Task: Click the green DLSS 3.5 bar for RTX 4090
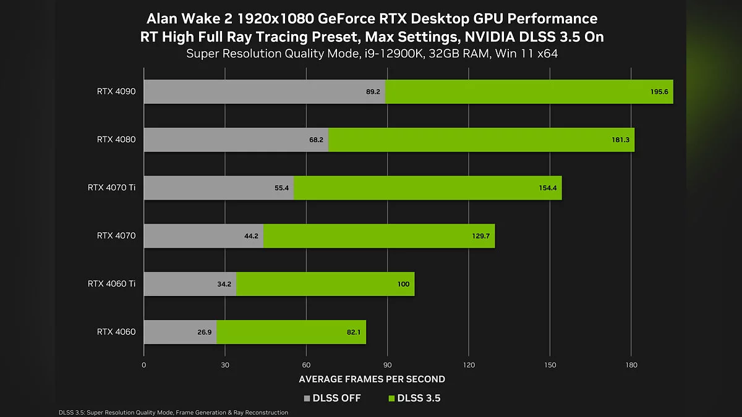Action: [529, 91]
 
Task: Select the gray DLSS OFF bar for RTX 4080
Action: [236, 140]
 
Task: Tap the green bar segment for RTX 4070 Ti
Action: [427, 188]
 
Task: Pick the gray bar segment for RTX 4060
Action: [180, 332]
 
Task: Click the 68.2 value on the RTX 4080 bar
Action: [316, 140]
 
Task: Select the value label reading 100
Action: [404, 284]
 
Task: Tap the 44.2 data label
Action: [251, 236]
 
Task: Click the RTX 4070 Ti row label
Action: [111, 188]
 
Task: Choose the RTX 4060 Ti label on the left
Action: [111, 284]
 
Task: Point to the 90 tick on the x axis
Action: [387, 365]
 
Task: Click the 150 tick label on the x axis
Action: [549, 365]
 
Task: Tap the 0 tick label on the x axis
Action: [144, 365]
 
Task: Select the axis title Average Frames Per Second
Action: [372, 379]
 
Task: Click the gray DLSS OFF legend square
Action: [307, 398]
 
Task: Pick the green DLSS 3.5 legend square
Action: [391, 398]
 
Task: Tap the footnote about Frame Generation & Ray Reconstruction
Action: [173, 412]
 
